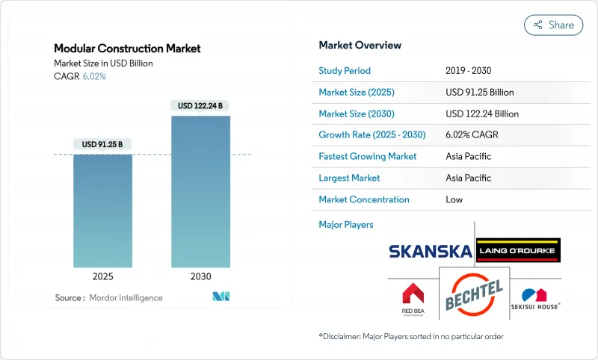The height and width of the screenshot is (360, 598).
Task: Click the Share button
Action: point(553,25)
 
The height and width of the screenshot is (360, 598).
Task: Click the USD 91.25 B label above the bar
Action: point(102,144)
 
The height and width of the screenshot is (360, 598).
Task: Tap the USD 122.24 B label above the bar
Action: point(200,106)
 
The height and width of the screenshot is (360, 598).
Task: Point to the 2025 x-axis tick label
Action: point(102,276)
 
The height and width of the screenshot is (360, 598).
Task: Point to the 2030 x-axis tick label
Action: point(200,276)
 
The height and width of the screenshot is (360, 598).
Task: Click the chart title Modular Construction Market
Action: point(127,49)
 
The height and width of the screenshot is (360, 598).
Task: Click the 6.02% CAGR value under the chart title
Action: point(94,76)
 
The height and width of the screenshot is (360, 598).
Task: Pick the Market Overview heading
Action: point(360,45)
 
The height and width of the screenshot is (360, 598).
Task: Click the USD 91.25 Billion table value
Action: point(479,93)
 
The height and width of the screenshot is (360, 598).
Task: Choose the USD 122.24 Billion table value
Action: point(481,114)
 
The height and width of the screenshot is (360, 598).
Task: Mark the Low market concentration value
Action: point(454,199)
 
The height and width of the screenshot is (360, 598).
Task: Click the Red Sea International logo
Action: point(413,297)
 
